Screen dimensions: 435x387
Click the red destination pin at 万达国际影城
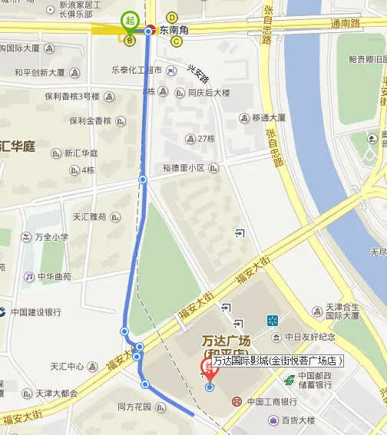[207, 368]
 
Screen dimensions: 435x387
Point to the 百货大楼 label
[297, 420]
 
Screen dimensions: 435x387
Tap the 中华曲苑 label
[51, 276]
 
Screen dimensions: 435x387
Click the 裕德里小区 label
[184, 167]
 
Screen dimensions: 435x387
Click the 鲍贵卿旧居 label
[367, 59]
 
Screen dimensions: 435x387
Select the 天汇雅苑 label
[91, 217]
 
